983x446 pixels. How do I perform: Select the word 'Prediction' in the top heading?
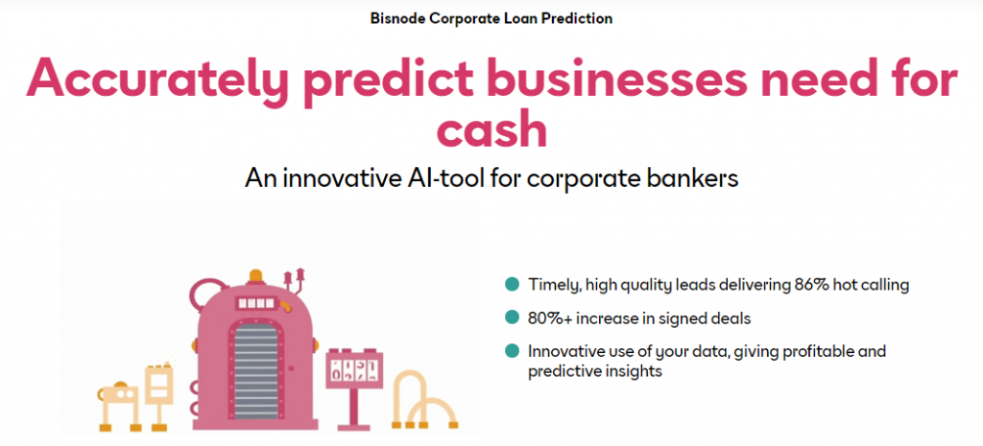[577, 18]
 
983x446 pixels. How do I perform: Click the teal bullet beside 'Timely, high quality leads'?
[513, 285]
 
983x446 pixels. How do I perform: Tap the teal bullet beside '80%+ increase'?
[513, 317]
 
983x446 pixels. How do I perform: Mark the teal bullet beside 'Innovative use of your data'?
[513, 351]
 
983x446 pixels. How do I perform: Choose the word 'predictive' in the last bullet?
[563, 371]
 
